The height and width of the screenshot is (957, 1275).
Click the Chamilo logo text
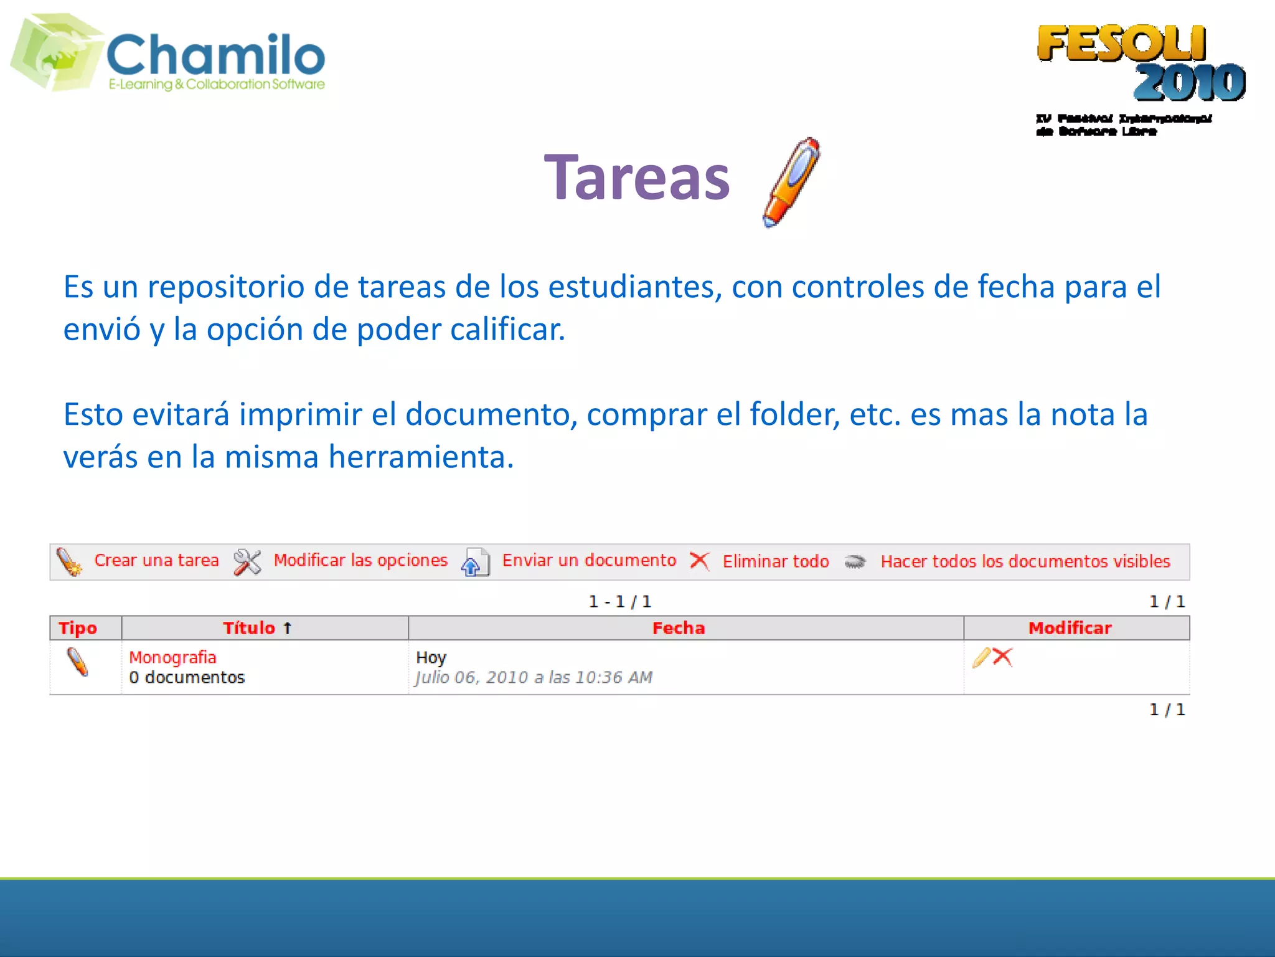[215, 55]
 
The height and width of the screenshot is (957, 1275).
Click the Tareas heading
[636, 178]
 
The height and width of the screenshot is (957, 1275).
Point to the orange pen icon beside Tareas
[791, 182]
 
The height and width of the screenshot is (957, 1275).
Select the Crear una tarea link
[156, 560]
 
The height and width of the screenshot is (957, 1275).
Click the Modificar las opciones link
[360, 560]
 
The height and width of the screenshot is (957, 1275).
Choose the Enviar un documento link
[588, 560]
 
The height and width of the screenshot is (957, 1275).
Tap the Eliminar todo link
[775, 561]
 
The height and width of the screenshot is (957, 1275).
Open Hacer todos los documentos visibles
[1025, 561]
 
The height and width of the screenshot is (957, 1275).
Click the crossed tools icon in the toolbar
[247, 562]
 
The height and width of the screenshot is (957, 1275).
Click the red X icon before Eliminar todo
[699, 561]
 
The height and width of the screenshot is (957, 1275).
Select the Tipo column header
[78, 628]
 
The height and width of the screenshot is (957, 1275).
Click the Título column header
[250, 628]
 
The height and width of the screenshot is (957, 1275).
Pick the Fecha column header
[678, 628]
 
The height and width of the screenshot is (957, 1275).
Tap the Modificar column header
[1069, 628]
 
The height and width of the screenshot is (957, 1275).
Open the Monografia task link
[172, 657]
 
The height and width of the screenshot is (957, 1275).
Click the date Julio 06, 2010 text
[534, 677]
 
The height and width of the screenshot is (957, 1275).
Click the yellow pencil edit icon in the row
[981, 657]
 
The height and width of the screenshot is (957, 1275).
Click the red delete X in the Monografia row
[1002, 657]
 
